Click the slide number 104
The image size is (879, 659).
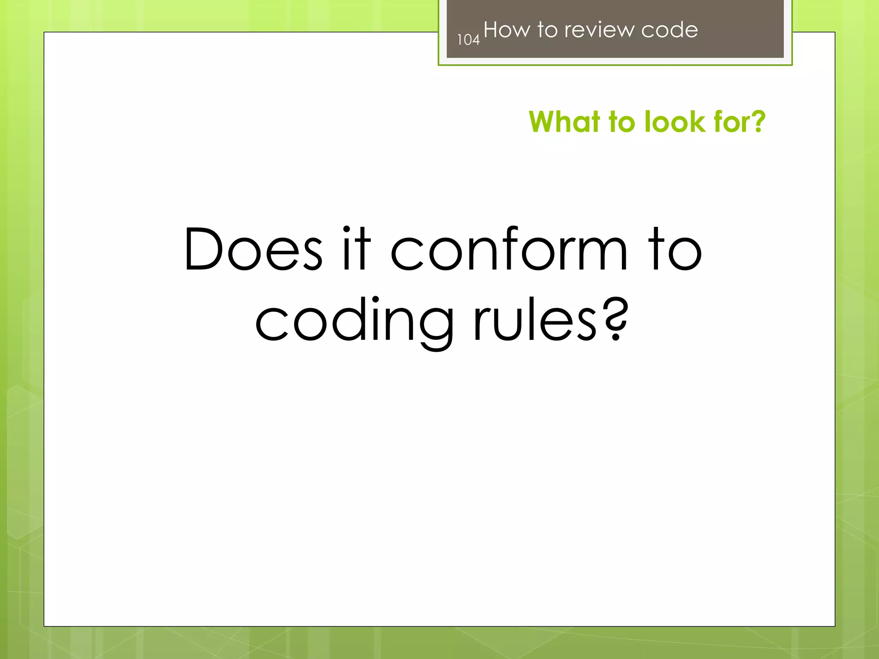click(x=468, y=40)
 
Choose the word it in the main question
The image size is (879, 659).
click(x=356, y=250)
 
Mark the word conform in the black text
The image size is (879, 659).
click(x=509, y=250)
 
